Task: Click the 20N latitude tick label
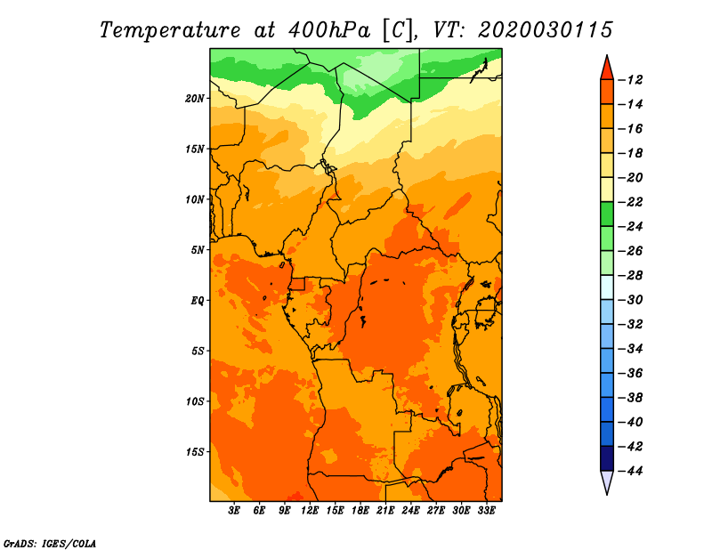click(195, 99)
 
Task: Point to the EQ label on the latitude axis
click(197, 301)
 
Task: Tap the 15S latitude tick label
click(195, 452)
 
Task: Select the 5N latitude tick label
click(198, 250)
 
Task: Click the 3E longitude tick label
click(234, 511)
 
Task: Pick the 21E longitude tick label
click(385, 511)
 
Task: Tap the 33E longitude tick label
click(486, 511)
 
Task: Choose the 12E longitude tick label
click(309, 511)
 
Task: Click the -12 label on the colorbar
click(630, 80)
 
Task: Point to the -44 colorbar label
click(630, 471)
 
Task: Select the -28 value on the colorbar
click(630, 275)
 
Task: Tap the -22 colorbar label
click(630, 202)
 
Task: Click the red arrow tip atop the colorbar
click(607, 55)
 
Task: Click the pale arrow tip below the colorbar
click(607, 494)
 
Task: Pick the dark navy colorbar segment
click(607, 458)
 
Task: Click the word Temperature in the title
click(170, 30)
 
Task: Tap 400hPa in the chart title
click(329, 30)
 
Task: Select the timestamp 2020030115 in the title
click(546, 30)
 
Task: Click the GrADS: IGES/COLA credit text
click(50, 544)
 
